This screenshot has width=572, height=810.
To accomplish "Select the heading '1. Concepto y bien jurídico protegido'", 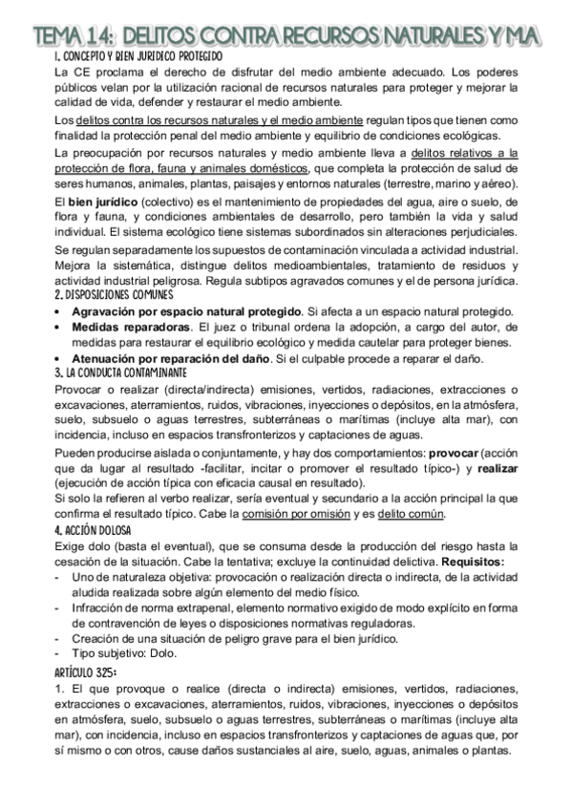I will point(138,57).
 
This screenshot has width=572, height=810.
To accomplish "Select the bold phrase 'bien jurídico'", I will point(104,202).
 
